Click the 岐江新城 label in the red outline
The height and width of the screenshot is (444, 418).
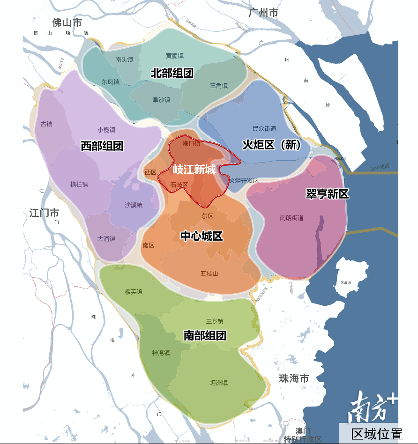pos(194,169)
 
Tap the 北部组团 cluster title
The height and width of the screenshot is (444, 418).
pos(172,73)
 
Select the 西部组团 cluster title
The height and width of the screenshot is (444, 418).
pos(102,146)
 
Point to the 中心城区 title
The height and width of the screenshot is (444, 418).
pos(202,236)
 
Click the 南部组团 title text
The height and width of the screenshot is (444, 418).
pos(205,335)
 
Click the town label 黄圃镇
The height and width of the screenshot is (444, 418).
pos(174,56)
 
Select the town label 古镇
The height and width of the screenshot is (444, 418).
pos(46,124)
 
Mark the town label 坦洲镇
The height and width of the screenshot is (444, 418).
pos(219,383)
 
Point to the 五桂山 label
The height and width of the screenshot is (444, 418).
pos(209,274)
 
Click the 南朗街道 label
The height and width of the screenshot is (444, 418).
pos(291,217)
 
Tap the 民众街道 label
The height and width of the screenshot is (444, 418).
pos(264,128)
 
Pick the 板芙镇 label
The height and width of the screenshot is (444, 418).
pos(134,292)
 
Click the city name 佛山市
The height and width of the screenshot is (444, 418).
pos(67,22)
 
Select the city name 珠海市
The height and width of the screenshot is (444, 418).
pos(294,378)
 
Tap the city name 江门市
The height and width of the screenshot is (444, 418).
pos(44,213)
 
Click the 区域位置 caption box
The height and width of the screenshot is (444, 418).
pos(377,433)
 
